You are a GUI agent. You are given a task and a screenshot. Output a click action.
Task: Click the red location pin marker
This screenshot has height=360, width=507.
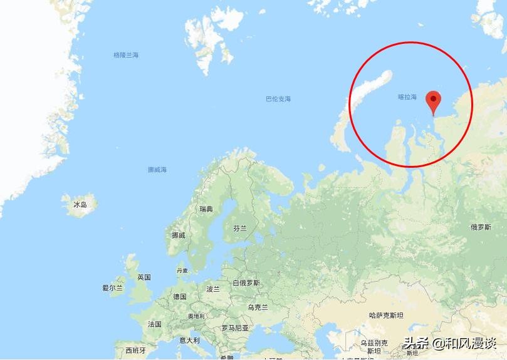[433, 100]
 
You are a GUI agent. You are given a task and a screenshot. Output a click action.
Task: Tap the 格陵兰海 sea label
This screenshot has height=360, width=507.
[126, 55]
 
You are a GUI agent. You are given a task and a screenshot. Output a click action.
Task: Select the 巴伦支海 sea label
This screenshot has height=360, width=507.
[278, 99]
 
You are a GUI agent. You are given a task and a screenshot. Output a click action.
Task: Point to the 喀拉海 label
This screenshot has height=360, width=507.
[407, 97]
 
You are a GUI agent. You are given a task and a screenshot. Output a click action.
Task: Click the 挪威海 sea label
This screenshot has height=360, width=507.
[157, 170]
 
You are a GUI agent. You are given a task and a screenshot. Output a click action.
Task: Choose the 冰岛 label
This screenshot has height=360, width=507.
[80, 205]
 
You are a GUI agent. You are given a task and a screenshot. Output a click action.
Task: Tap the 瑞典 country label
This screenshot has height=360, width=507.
[206, 208]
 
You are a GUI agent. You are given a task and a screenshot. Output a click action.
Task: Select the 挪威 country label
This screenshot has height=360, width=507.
[179, 235]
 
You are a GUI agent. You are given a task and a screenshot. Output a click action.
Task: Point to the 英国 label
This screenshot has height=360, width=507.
[144, 277]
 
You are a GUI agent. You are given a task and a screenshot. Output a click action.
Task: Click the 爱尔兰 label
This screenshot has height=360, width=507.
[113, 288]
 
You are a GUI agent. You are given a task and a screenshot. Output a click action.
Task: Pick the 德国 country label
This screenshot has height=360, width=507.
[180, 296]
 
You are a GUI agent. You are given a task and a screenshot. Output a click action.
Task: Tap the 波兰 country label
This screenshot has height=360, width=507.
[213, 289]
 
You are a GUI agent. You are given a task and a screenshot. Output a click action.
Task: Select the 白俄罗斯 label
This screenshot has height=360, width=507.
[246, 283]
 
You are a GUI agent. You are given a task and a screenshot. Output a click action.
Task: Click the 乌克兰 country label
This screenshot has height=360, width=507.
[258, 307]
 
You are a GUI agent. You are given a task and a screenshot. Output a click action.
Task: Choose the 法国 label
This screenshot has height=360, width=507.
[154, 324]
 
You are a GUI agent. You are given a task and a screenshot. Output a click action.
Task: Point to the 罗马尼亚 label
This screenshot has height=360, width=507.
[235, 328]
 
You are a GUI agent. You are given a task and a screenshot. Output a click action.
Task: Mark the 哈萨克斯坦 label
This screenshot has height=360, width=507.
[386, 315]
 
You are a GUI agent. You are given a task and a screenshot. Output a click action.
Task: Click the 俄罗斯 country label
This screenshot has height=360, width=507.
[481, 227]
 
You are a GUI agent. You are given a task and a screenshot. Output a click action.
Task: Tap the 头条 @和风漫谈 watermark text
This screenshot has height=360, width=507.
[449, 343]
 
